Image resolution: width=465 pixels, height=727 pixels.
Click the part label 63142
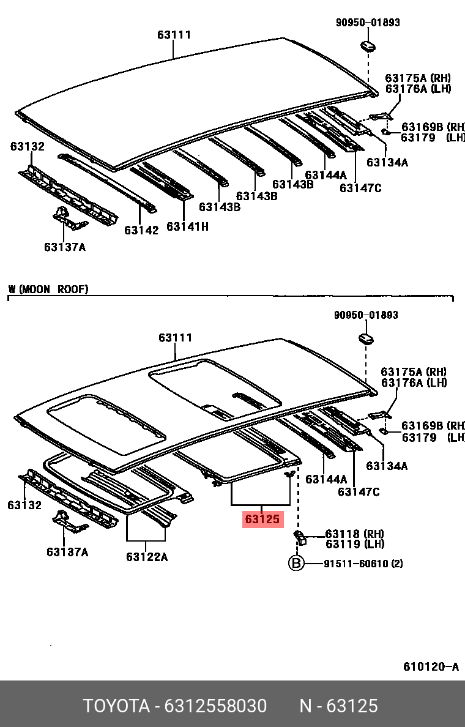141,230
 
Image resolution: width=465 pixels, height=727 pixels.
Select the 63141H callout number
187,226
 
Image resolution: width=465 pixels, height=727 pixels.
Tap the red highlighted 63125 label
262,520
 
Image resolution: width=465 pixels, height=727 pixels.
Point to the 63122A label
147,556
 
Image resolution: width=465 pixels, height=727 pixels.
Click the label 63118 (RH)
354,534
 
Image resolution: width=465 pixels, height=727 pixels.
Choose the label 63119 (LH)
354,544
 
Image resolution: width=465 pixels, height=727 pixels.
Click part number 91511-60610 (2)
363,564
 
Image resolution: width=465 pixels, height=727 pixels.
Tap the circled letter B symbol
296,564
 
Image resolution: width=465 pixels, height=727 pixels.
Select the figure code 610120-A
431,666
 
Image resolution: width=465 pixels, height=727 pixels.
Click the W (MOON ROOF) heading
48,289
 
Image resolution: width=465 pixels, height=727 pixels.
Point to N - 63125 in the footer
338,706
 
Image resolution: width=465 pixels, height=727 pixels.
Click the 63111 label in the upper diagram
174,35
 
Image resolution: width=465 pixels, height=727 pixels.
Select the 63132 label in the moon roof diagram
24,505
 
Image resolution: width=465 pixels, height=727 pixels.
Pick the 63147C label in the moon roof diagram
359,491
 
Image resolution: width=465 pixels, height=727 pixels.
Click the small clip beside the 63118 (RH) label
300,537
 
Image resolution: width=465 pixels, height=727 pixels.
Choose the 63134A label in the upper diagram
387,162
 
